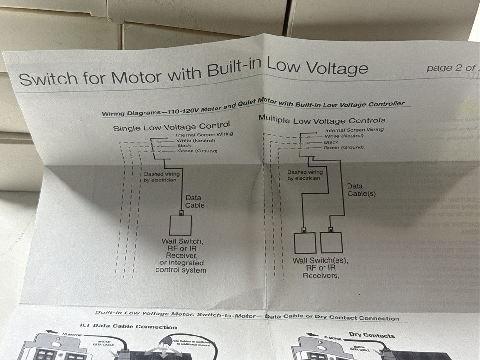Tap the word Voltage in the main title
pos(335,68)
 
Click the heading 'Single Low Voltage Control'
pos(171,126)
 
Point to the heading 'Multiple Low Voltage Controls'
pos(322,120)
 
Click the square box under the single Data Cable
pos(180,225)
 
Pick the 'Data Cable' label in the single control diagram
pos(194,202)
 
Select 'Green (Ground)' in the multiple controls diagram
pos(344,147)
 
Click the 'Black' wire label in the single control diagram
pos(184,145)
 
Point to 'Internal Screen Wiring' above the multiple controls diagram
pos(354,130)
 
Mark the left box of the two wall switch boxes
pos(305,243)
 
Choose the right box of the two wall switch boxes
pos(331,242)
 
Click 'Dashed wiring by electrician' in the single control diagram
pos(162,177)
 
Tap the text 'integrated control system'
pos(181,266)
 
